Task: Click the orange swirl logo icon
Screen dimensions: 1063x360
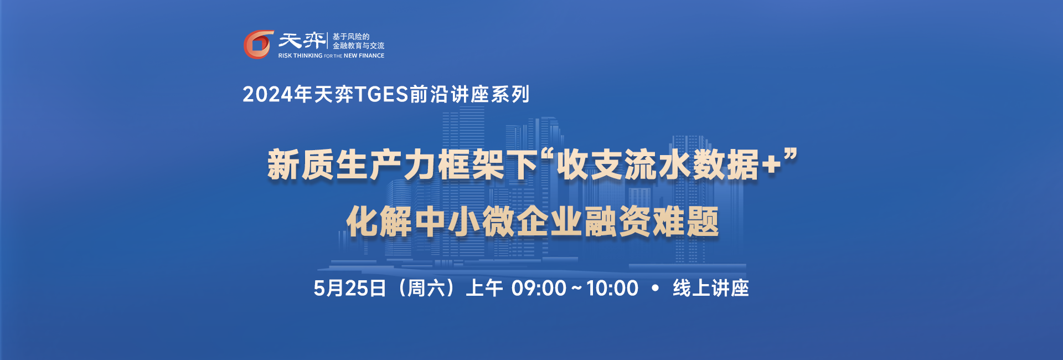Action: (x=259, y=44)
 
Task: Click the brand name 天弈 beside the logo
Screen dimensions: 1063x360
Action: (x=302, y=40)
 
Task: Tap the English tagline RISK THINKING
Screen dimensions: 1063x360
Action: (x=300, y=56)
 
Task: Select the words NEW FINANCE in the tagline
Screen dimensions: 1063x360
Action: (x=364, y=56)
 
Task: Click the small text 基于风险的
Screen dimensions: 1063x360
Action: (x=351, y=37)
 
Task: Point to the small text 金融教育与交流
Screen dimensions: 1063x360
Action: (x=358, y=46)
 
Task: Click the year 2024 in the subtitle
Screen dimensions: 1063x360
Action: (x=267, y=95)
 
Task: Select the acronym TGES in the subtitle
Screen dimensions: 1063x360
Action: (x=381, y=95)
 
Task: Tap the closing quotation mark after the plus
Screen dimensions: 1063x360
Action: (x=791, y=156)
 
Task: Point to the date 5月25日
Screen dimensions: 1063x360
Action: (x=349, y=289)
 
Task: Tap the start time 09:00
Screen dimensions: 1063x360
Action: (x=539, y=289)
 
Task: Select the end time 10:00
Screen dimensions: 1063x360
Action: (x=612, y=289)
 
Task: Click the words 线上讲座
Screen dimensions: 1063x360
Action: (x=711, y=289)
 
